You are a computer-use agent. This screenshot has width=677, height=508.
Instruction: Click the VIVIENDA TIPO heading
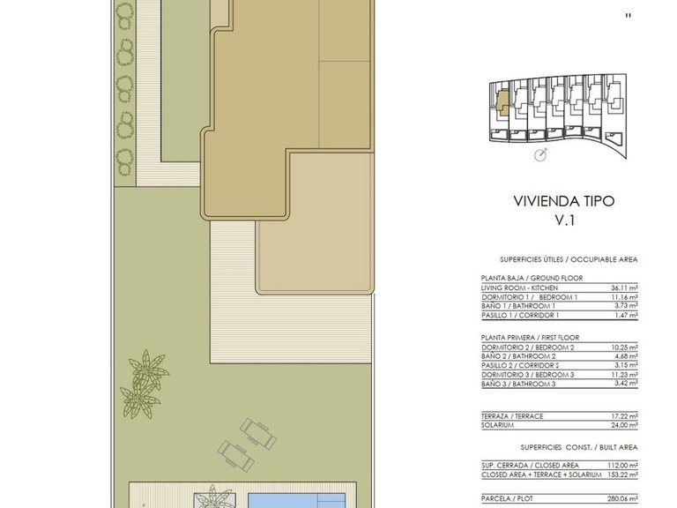(563, 201)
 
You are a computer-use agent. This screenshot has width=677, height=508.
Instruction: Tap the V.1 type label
(564, 220)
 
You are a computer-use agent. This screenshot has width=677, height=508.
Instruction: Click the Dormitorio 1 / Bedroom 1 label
(529, 297)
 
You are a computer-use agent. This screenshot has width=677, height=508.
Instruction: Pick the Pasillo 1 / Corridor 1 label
(520, 316)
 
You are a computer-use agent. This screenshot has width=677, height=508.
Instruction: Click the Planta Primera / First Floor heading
(530, 338)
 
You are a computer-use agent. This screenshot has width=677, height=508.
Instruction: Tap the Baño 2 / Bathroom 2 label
(518, 356)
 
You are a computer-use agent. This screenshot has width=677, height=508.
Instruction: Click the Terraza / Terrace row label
(512, 416)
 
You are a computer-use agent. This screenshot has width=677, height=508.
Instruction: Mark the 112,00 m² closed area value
(623, 466)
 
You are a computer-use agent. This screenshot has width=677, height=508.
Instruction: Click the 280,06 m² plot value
(623, 499)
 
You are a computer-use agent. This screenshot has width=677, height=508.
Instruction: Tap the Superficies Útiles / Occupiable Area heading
(569, 259)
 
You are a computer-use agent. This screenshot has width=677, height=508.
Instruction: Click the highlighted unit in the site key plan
(502, 101)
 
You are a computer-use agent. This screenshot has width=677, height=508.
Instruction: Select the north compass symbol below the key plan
(540, 154)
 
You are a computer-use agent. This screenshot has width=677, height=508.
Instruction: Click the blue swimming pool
(297, 501)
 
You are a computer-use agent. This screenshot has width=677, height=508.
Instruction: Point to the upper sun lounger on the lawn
(258, 434)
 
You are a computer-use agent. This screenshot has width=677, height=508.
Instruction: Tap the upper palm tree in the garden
(148, 370)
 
